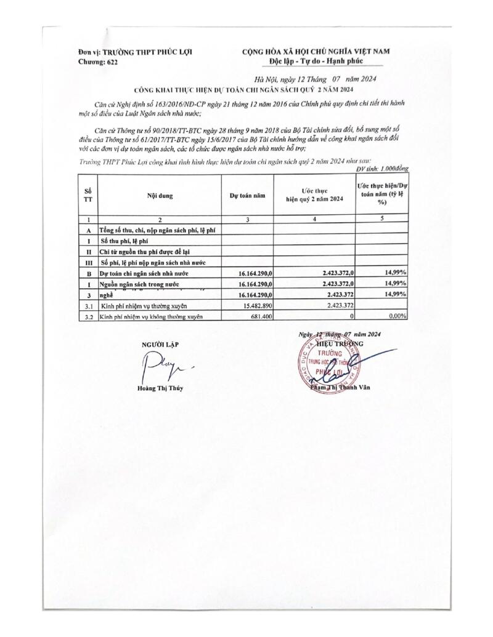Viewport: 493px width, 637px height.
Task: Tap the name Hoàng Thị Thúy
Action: click(x=160, y=388)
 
